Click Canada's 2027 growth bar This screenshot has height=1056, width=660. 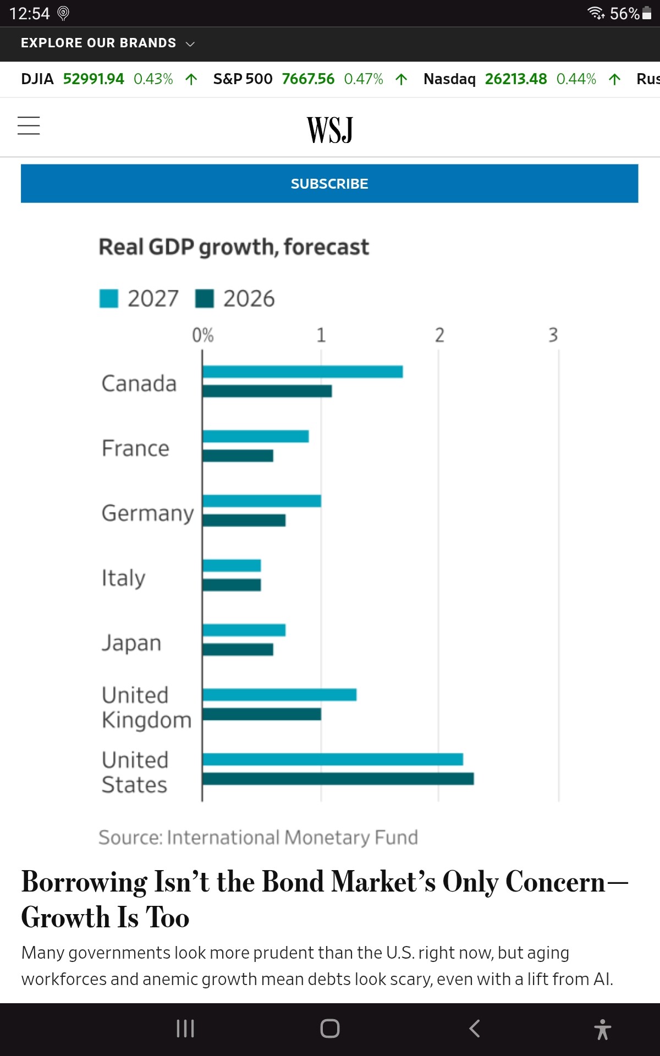pyautogui.click(x=302, y=372)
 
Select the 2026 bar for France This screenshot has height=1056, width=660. pyautogui.click(x=238, y=455)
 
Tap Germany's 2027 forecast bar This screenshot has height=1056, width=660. pyautogui.click(x=262, y=501)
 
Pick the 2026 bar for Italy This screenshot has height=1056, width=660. pyautogui.click(x=232, y=585)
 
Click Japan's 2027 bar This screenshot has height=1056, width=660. pyautogui.click(x=244, y=630)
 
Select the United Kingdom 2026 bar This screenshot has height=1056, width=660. pyautogui.click(x=262, y=714)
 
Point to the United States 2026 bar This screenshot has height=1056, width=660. pyautogui.click(x=338, y=779)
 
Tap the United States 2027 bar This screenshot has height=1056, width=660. pyautogui.click(x=333, y=760)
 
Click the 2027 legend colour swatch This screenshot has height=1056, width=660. pyautogui.click(x=109, y=299)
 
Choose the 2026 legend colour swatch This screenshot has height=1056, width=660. pyautogui.click(x=205, y=299)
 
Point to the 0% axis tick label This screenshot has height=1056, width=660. pyautogui.click(x=203, y=335)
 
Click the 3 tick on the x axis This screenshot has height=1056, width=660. pyautogui.click(x=553, y=335)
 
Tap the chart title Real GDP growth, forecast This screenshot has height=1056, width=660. pyautogui.click(x=234, y=248)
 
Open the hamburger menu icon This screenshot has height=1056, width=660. pyautogui.click(x=29, y=125)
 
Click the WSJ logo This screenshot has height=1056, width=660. pyautogui.click(x=330, y=130)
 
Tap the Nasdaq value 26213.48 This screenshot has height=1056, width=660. pyautogui.click(x=516, y=79)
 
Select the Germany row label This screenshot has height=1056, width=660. pyautogui.click(x=148, y=514)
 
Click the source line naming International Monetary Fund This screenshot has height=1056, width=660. pyautogui.click(x=258, y=838)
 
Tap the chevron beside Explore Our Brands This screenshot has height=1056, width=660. pyautogui.click(x=190, y=44)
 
